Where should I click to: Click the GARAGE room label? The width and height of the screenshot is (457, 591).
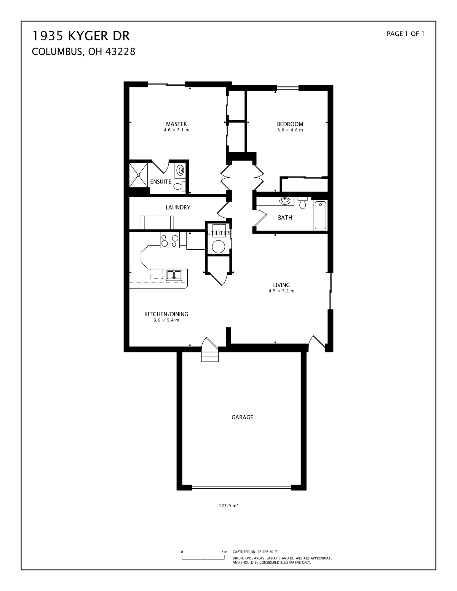(x=242, y=417)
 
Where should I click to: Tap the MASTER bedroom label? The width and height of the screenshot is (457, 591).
(x=176, y=124)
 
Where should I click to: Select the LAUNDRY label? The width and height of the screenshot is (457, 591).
(x=178, y=207)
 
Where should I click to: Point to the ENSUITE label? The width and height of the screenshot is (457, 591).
(x=161, y=182)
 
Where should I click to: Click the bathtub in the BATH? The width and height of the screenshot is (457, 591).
(x=320, y=215)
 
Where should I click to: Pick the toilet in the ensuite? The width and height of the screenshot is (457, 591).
(x=179, y=186)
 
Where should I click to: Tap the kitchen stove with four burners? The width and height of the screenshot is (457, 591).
(x=169, y=240)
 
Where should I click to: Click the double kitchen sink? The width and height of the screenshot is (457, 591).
(x=174, y=275)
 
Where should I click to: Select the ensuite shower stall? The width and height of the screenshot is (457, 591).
(x=138, y=175)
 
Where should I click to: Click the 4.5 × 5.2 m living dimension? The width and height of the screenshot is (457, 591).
(x=281, y=291)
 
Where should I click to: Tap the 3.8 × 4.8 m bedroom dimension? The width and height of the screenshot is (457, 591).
(x=290, y=130)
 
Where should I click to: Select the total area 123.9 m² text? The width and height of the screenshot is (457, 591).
(x=228, y=506)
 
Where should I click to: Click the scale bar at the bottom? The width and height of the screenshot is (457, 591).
(x=203, y=558)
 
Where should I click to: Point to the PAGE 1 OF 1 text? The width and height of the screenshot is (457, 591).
(x=405, y=34)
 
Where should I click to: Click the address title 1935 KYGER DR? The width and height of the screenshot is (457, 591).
(x=81, y=36)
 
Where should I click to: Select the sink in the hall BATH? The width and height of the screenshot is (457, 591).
(x=285, y=201)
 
